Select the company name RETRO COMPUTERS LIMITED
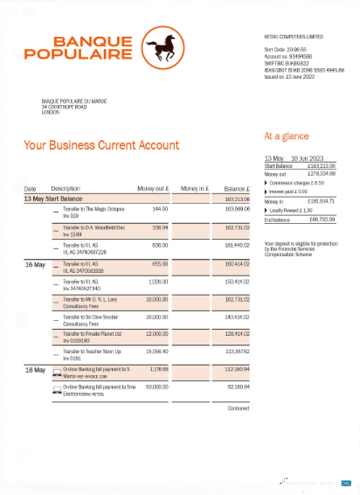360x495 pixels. pyautogui.click(x=293, y=37)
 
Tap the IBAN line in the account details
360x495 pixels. pyautogui.click(x=303, y=69)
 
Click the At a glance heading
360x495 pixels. pyautogui.click(x=286, y=136)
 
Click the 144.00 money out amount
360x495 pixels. pyautogui.click(x=160, y=209)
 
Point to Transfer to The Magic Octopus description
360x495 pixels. pyautogui.click(x=91, y=209)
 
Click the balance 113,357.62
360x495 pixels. pyautogui.click(x=237, y=352)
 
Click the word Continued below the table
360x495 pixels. pyautogui.click(x=238, y=408)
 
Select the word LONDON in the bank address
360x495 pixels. pyautogui.click(x=52, y=113)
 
